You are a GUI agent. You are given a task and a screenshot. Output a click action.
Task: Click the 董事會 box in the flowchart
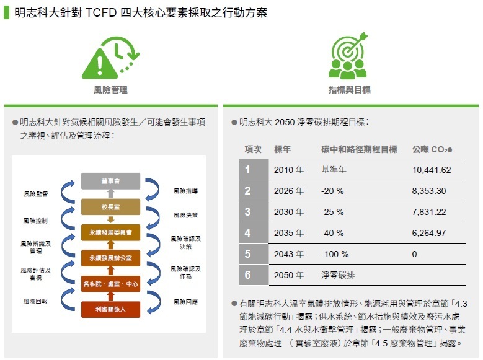[x=110, y=181]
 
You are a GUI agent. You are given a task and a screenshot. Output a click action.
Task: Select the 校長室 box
[x=110, y=207]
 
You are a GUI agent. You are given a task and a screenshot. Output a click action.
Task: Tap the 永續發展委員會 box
[x=110, y=232]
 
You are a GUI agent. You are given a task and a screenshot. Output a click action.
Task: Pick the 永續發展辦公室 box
[x=110, y=258]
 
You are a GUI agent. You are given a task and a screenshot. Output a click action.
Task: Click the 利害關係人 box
[x=110, y=309]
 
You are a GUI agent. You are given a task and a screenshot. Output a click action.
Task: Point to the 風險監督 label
[x=36, y=194]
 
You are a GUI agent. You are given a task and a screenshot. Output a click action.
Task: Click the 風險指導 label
[x=185, y=191]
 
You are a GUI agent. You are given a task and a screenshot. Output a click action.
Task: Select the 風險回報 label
[x=35, y=301]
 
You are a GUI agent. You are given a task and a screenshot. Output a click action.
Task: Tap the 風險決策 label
[x=185, y=215]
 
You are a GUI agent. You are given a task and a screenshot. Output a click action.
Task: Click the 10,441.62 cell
[x=432, y=170]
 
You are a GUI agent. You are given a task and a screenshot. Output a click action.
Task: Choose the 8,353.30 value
[x=429, y=191]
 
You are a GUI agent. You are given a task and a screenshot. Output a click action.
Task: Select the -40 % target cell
[x=332, y=233]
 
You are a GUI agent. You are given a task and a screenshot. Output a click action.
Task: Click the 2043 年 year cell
[x=289, y=254]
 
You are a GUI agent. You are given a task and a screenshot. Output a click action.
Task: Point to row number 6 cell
[x=254, y=274]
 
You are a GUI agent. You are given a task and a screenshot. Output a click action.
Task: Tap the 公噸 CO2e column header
[x=432, y=150]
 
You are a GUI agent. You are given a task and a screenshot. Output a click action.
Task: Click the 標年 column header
[x=283, y=150]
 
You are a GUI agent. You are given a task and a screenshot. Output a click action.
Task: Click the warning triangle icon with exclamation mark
[x=99, y=64]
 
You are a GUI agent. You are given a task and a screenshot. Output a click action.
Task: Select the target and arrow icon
[x=348, y=55]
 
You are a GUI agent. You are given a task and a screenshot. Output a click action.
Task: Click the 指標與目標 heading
[x=349, y=90]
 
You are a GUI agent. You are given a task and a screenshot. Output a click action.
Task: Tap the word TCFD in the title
[x=100, y=12]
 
